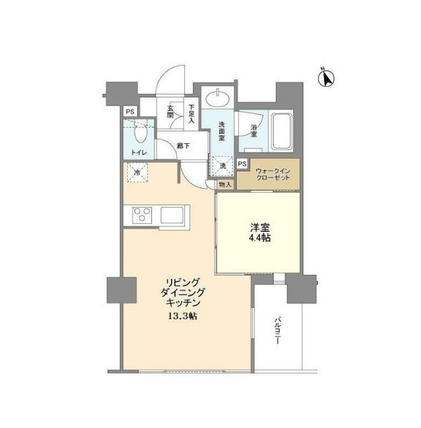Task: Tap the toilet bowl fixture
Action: (x=141, y=132)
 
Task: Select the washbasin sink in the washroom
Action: (x=217, y=99)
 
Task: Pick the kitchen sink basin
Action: (x=172, y=215)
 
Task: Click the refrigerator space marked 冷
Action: (x=137, y=173)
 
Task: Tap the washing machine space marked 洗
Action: (x=223, y=166)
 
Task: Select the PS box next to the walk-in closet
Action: (x=242, y=164)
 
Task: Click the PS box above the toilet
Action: (x=130, y=112)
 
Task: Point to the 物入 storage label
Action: (x=225, y=185)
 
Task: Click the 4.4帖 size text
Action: (x=260, y=238)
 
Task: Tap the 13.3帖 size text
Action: (x=183, y=316)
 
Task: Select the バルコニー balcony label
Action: (x=278, y=331)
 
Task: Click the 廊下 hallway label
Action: (x=183, y=146)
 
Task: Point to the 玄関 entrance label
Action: (x=170, y=112)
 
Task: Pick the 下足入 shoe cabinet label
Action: (x=191, y=114)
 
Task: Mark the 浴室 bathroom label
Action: (x=254, y=130)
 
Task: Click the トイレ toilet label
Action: (x=139, y=153)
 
